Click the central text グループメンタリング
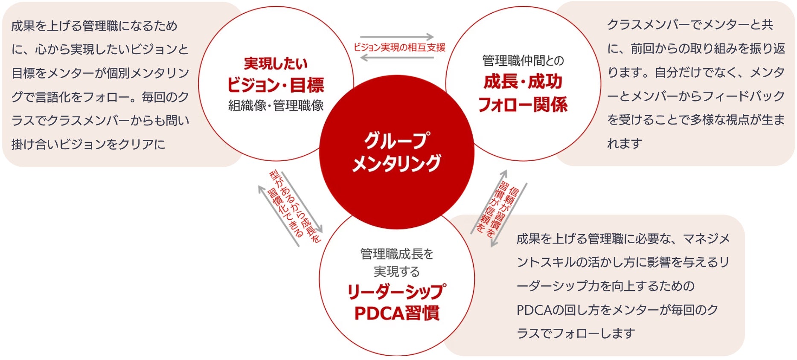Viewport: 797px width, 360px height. (396, 152)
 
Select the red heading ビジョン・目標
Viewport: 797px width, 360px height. (275, 85)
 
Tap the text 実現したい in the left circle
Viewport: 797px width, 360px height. (276, 64)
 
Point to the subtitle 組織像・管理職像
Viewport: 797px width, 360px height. (276, 105)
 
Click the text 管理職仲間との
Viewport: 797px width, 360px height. (523, 61)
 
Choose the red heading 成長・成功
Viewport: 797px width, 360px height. (523, 81)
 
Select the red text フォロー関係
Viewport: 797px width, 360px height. (523, 105)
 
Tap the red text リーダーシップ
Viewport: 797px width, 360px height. (396, 292)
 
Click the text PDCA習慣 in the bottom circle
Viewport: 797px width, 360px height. (396, 313)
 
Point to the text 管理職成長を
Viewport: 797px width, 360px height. (396, 254)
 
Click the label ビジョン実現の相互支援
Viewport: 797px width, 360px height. (399, 47)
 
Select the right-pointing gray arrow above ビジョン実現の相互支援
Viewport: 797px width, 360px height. (397, 37)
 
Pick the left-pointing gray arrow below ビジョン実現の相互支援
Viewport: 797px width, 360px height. (397, 57)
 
